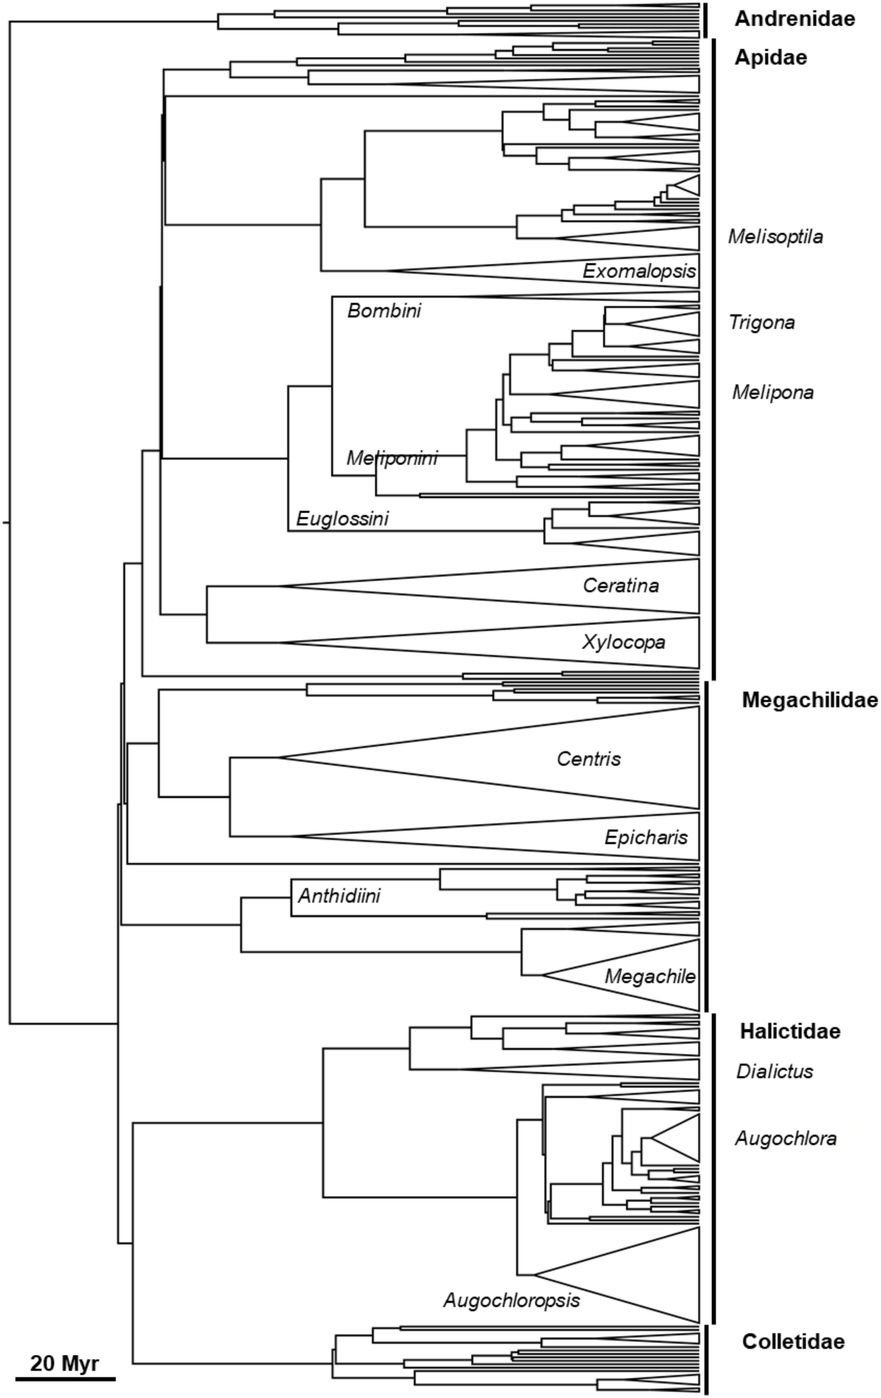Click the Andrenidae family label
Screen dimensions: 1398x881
[794, 19]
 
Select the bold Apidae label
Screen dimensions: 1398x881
[771, 58]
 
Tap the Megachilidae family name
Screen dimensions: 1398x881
[809, 700]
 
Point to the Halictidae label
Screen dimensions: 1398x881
[790, 1031]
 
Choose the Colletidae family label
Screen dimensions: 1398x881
[793, 1341]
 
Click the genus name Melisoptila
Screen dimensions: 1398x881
[775, 237]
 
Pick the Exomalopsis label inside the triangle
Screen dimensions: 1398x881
[639, 271]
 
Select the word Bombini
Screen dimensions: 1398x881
[384, 311]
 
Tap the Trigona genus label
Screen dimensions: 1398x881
[761, 322]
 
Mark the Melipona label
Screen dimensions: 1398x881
[772, 393]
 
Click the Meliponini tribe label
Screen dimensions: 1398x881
[392, 458]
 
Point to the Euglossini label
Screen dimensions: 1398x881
[342, 518]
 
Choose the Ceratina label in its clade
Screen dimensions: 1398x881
[621, 585]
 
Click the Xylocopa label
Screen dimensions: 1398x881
[624, 642]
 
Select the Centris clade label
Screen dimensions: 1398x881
[588, 759]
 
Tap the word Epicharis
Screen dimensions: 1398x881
[646, 837]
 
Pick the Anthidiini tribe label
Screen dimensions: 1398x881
[339, 896]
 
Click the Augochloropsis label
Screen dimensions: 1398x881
[511, 1300]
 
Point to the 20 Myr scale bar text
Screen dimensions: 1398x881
[64, 1363]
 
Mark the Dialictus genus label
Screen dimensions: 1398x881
[775, 1071]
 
